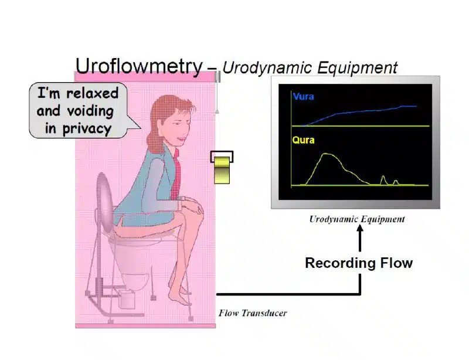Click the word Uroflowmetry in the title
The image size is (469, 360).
[x=139, y=66]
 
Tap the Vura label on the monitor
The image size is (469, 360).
[x=303, y=97]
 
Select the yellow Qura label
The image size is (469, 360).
[x=303, y=140]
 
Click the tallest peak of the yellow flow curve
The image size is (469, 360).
[x=328, y=154]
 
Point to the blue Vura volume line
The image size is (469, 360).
[x=359, y=112]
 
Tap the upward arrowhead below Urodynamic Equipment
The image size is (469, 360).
[x=360, y=229]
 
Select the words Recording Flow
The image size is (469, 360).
[x=359, y=263]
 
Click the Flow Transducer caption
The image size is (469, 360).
[x=253, y=313]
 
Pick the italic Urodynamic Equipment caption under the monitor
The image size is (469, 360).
[x=357, y=219]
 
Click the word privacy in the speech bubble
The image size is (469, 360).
[x=87, y=129]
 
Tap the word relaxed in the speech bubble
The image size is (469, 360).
[x=93, y=93]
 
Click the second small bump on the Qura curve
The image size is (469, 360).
[x=396, y=182]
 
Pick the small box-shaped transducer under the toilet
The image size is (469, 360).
[x=127, y=298]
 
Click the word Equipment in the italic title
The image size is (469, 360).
[x=358, y=67]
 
